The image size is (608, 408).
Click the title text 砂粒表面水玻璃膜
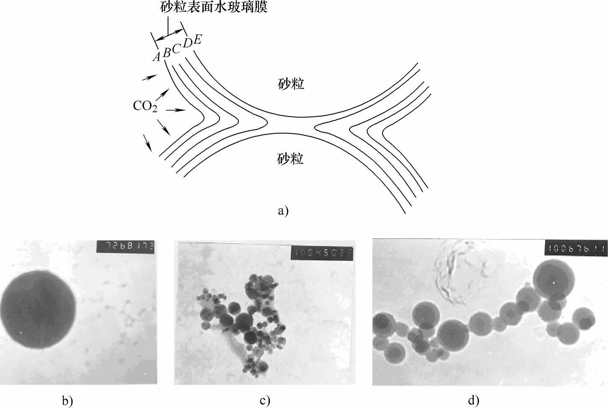coord(214,7)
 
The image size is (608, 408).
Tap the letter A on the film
coord(157,57)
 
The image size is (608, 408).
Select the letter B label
coord(167,52)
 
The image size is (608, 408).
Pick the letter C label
coord(176,49)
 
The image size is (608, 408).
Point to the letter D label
coord(187,43)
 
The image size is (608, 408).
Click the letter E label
coord(197,39)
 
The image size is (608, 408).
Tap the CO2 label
coord(145,106)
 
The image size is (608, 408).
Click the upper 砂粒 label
coord(291,84)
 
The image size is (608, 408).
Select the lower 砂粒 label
coord(290,159)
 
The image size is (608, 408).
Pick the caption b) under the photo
coord(67,400)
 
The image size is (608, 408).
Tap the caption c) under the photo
coord(264,400)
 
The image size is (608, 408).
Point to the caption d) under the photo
coord(473,400)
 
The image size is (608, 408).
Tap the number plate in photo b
coord(125,246)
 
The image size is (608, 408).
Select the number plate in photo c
coord(322,252)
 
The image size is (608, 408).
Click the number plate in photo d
coord(576,248)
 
